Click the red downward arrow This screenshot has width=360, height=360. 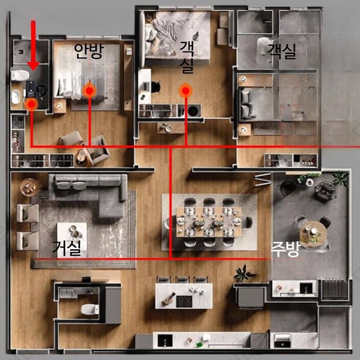click(33, 45)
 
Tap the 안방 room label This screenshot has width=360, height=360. click(89, 51)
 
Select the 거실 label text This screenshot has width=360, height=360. click(67, 248)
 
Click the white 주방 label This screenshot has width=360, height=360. click(286, 250)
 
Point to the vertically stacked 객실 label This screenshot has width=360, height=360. click(187, 58)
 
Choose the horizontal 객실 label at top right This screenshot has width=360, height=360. click(282, 51)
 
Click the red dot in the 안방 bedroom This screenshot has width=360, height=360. click(89, 91)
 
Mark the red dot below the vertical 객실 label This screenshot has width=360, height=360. click(185, 91)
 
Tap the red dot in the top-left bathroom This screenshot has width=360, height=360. click(31, 104)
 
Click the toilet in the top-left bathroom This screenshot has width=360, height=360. click(20, 75)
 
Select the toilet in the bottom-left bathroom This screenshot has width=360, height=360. click(90, 309)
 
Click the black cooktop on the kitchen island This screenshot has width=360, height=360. click(184, 301)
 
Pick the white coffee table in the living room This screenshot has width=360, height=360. click(72, 237)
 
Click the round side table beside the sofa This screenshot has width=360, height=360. click(29, 187)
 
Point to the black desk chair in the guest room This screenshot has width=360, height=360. click(156, 87)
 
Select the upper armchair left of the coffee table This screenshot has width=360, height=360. click(27, 213)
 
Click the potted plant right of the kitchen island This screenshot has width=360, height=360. click(243, 274)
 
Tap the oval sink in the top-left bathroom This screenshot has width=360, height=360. click(16, 97)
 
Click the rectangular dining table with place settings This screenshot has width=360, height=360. click(209, 222)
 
